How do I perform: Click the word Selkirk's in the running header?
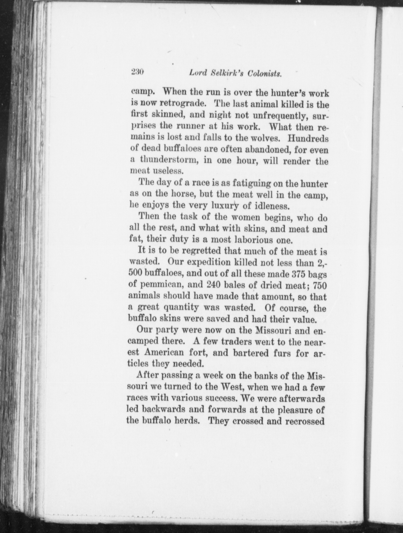227,73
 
